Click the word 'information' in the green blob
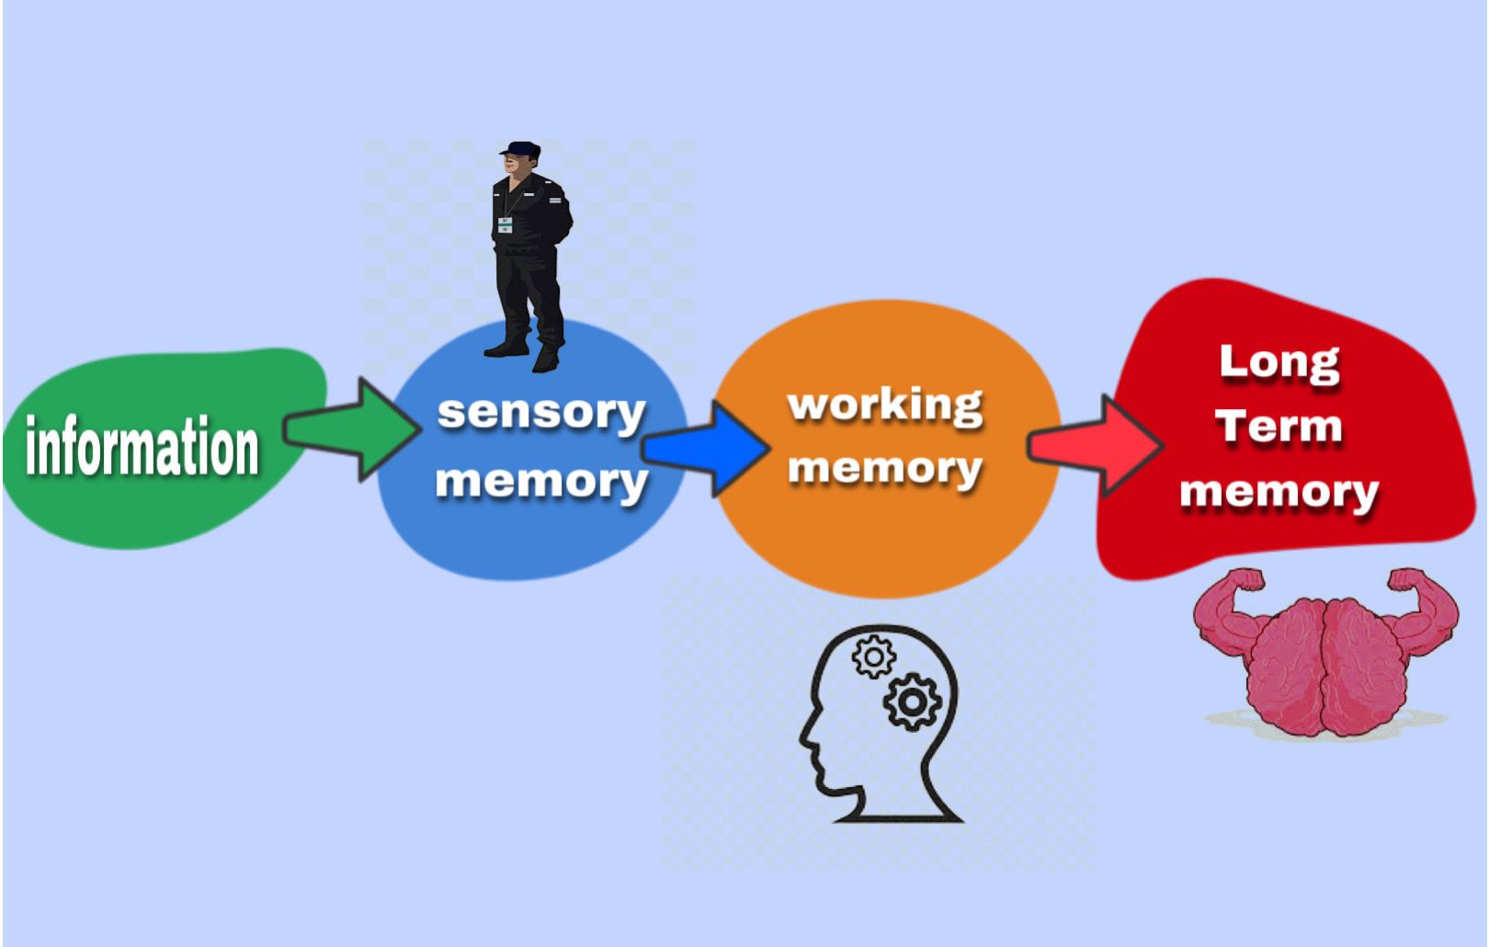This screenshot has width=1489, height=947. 142,447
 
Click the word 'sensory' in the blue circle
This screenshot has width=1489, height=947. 541,413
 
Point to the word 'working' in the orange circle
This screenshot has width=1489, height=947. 885,405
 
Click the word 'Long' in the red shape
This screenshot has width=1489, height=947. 1279,363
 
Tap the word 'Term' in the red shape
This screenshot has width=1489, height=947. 1279,427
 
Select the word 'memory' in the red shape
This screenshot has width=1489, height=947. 1279,493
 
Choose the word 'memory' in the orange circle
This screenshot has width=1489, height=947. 885,469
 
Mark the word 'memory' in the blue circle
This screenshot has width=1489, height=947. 541,481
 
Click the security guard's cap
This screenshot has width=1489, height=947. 521,149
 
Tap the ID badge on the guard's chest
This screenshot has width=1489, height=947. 506,224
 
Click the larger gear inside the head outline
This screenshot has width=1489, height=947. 912,702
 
